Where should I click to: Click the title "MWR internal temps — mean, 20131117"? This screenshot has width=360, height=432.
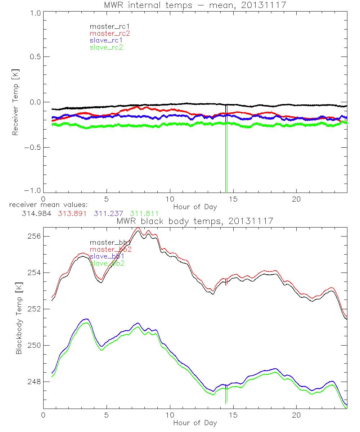point(195,5)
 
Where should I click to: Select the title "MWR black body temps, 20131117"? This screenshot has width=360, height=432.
point(195,221)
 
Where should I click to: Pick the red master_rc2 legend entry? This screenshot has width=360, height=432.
point(110,33)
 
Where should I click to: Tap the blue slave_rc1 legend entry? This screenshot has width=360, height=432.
point(106,40)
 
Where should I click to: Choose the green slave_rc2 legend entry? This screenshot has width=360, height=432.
point(106,47)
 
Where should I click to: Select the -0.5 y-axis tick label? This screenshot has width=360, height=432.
point(33,148)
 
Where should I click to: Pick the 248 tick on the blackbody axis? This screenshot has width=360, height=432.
point(34,382)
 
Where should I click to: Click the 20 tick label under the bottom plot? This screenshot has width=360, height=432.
point(296,415)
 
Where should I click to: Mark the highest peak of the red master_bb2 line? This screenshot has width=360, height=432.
point(138,228)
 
